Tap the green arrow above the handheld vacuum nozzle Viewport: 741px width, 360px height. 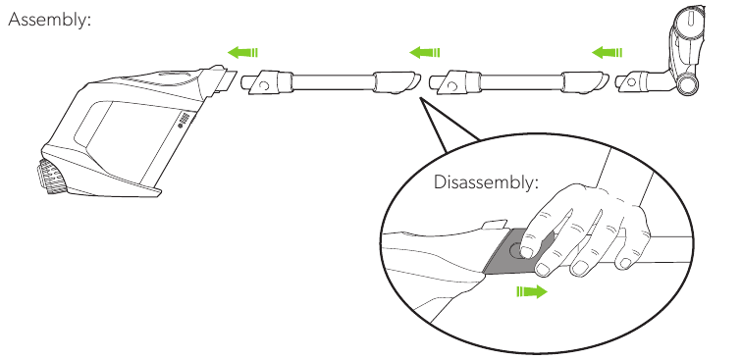point(242,52)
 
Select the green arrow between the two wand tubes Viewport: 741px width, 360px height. point(425,52)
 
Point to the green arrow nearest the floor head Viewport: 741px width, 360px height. point(607,52)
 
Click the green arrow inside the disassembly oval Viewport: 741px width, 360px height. point(532,291)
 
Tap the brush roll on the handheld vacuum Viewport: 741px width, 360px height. point(51,177)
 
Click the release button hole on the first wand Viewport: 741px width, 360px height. point(265,86)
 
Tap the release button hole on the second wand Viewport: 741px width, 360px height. point(452,86)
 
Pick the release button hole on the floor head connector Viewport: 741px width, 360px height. point(631,81)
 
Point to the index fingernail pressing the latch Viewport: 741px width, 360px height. point(527,252)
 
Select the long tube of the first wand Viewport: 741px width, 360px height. point(333,81)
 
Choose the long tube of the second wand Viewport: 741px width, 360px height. point(522,81)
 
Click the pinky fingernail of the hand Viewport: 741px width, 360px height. point(626,264)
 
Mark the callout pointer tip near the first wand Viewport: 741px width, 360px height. point(420,99)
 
